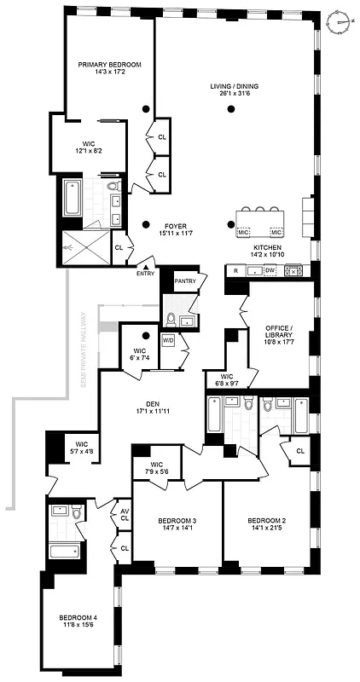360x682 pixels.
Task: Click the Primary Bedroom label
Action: click(109, 65)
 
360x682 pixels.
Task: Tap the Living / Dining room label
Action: click(235, 86)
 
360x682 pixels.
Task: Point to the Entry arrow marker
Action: click(145, 270)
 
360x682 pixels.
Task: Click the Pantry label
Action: click(185, 280)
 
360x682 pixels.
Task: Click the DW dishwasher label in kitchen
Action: click(270, 270)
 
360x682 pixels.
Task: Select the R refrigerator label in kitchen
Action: click(235, 270)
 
